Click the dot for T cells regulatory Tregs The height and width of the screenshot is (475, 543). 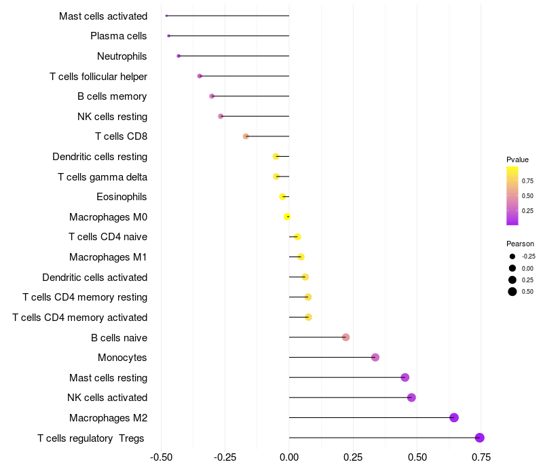480,438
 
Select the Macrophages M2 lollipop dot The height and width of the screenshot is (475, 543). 454,417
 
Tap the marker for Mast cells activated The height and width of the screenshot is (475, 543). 166,16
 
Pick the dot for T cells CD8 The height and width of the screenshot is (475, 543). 246,136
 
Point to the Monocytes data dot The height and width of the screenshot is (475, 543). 375,358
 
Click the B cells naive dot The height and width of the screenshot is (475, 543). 345,337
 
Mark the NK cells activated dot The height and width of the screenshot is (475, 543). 411,398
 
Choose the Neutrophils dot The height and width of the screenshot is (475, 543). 179,56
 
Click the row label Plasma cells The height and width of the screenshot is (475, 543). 119,36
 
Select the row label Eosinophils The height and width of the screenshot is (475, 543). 122,197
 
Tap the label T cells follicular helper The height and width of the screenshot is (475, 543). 98,76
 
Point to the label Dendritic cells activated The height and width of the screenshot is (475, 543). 95,277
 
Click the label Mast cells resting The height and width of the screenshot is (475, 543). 109,377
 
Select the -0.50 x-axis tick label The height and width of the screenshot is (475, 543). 160,457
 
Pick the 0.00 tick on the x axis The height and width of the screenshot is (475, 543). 289,457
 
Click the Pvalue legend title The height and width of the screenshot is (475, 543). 517,159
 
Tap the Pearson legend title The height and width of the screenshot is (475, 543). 520,244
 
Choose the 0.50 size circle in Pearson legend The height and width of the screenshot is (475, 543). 512,292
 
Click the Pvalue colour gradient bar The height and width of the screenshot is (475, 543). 512,195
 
